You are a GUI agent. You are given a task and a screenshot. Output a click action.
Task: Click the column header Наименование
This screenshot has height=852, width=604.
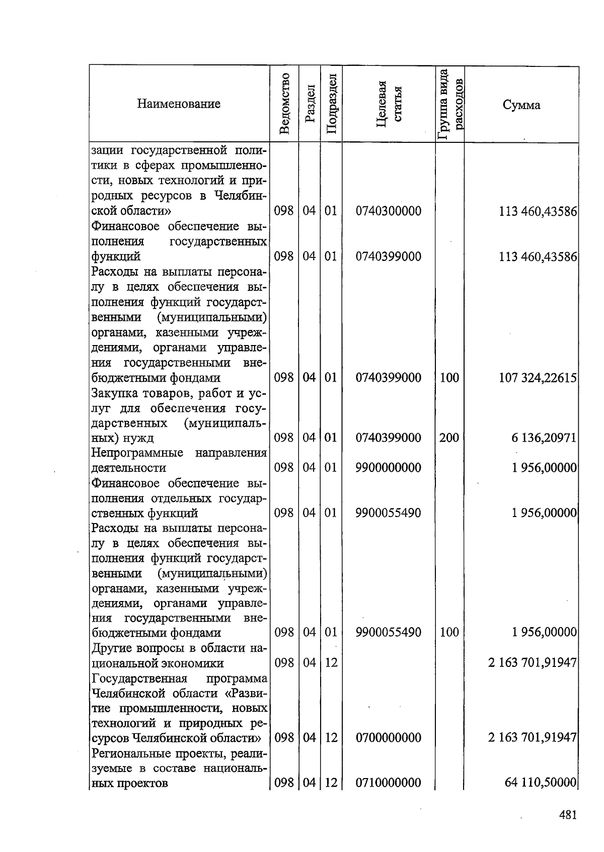click(179, 104)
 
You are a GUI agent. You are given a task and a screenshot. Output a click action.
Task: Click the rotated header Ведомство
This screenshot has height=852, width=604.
click(284, 104)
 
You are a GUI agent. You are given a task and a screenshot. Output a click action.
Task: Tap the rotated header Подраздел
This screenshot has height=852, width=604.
click(331, 104)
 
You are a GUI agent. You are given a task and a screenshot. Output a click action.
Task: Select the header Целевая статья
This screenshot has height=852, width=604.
click(389, 104)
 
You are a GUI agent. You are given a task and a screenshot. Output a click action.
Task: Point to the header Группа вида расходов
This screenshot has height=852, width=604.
click(449, 104)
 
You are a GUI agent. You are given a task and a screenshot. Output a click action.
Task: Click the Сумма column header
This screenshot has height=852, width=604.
click(521, 105)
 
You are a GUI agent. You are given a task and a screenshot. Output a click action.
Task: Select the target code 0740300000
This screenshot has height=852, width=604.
click(388, 211)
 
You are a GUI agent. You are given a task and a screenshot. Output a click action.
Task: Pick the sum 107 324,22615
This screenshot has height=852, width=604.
click(537, 378)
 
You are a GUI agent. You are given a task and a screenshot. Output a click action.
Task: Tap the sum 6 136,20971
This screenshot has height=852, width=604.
click(544, 438)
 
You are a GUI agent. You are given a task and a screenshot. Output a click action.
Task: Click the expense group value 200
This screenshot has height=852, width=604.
click(449, 438)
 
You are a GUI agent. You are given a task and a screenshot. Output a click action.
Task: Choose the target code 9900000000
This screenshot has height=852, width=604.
click(388, 468)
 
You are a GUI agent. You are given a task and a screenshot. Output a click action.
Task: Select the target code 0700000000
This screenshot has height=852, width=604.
click(388, 738)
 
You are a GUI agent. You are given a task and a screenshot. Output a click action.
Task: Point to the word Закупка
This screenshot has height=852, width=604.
click(114, 393)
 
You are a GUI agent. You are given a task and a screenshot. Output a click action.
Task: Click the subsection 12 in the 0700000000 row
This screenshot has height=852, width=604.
click(331, 738)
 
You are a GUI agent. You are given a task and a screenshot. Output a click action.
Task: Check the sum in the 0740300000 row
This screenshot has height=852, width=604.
click(537, 211)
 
